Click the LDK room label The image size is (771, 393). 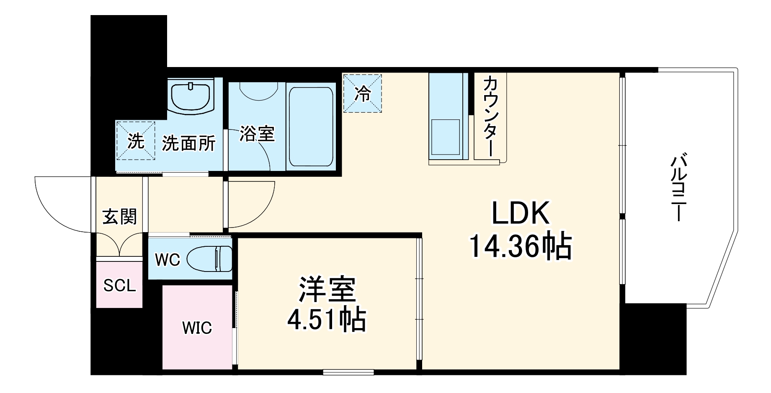520,214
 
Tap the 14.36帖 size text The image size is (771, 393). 520,247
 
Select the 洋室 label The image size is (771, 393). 327,290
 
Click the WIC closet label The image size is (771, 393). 197,328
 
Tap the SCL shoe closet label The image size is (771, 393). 119,286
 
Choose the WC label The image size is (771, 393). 168,260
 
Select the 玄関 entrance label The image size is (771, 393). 120,217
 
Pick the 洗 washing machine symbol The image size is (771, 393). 136,141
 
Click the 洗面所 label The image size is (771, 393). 188,144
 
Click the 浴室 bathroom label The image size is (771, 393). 257,134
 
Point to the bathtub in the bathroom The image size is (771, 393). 311,127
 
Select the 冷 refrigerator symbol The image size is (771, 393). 363,94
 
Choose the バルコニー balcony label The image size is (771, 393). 678,189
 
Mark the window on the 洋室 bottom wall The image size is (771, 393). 348,371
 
